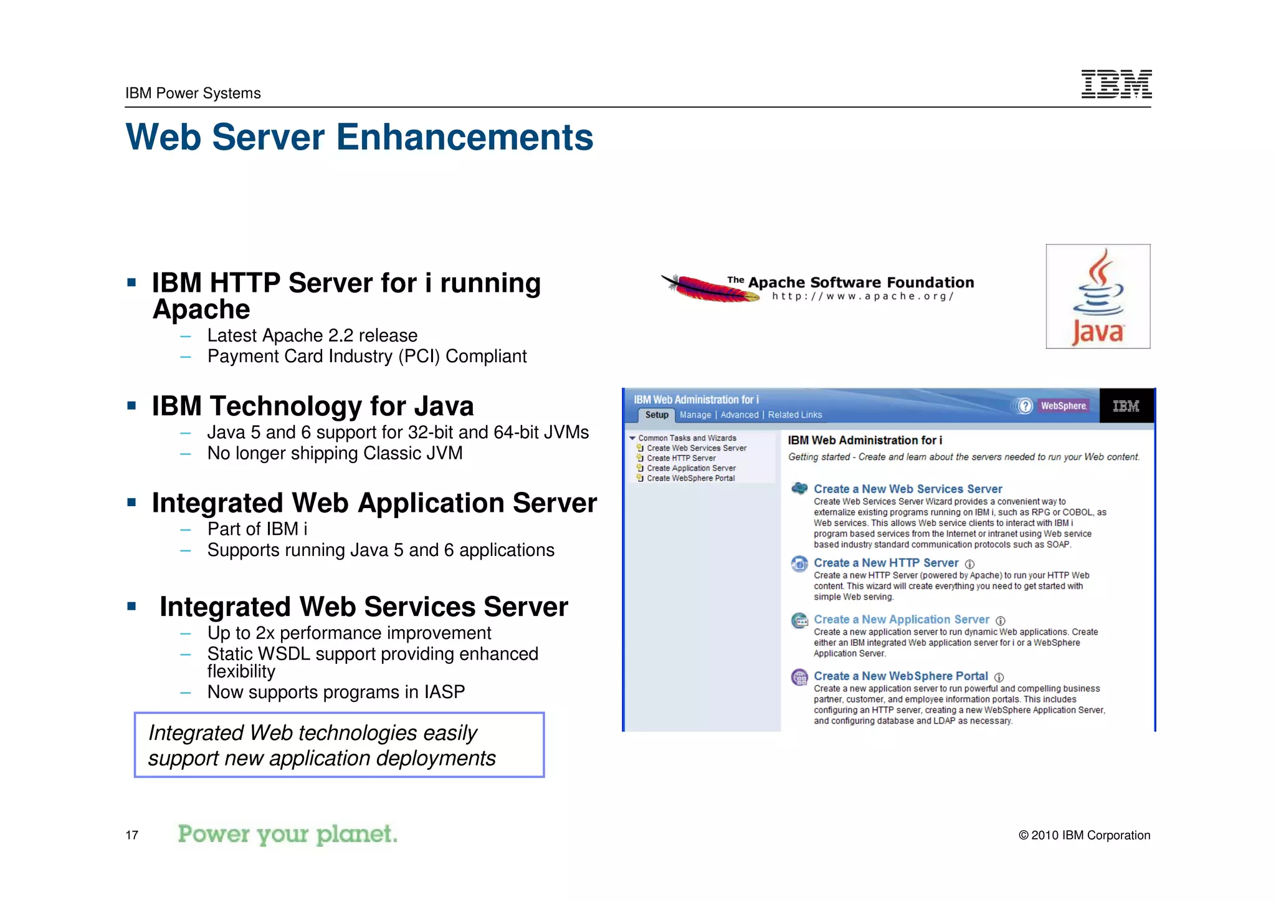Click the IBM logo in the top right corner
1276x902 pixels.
(x=1116, y=84)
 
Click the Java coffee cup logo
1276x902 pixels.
(x=1098, y=296)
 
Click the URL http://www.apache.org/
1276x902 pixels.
(x=862, y=296)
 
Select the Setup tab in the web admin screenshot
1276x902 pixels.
(x=657, y=415)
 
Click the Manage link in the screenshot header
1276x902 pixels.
(x=695, y=415)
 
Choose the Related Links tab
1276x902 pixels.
(x=794, y=415)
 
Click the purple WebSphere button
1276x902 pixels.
(x=1063, y=406)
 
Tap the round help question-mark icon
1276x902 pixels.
(x=1024, y=406)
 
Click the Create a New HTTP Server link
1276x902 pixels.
(x=885, y=563)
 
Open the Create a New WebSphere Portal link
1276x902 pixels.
(x=900, y=676)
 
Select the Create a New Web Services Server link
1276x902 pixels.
(x=907, y=489)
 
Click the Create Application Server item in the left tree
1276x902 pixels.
(x=690, y=468)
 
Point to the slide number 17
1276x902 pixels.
(x=132, y=835)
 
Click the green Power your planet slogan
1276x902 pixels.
(x=287, y=834)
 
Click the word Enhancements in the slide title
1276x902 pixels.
(x=465, y=137)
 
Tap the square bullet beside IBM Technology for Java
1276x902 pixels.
(x=131, y=406)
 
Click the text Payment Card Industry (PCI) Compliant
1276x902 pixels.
(x=366, y=357)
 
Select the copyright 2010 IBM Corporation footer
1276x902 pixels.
(x=1084, y=835)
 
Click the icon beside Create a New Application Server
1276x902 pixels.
(x=799, y=620)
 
